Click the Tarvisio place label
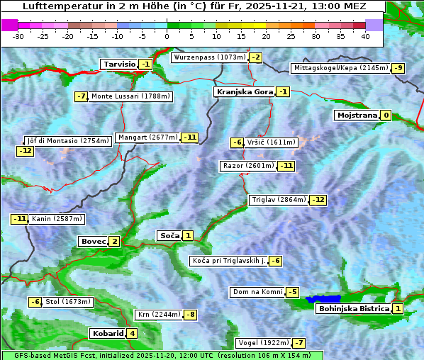(119, 64)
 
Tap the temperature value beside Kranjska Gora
(283, 91)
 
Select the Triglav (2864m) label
(279, 200)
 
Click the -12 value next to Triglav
(318, 200)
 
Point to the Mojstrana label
(357, 115)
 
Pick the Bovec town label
(93, 242)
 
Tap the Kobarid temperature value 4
(132, 334)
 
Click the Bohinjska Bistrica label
(353, 309)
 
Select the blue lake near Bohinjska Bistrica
(323, 300)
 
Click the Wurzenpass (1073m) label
(210, 57)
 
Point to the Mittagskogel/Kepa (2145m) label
(340, 68)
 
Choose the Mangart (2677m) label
(147, 137)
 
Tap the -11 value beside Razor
(286, 166)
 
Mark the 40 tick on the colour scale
(365, 36)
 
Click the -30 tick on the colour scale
(18, 36)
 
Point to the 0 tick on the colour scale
(167, 36)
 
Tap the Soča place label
(169, 235)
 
